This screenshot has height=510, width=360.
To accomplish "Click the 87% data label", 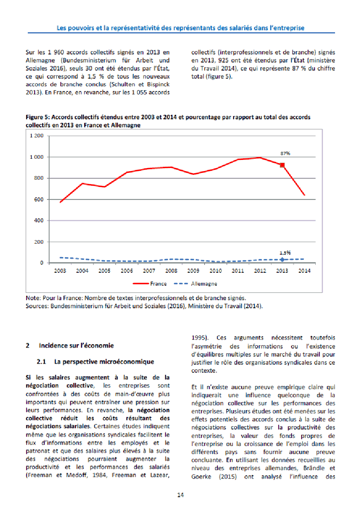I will pyautogui.click(x=285, y=153).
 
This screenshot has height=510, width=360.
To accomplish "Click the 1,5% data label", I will pyautogui.click(x=285, y=253).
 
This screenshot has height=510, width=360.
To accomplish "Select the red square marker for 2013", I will pyautogui.click(x=282, y=165).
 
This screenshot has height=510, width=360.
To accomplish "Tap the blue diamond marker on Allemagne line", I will pyautogui.click(x=282, y=259).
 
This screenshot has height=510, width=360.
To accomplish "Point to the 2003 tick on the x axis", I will pyautogui.click(x=60, y=271).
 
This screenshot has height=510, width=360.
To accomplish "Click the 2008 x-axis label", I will pyautogui.click(x=172, y=271).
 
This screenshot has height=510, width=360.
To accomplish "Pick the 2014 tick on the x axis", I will pyautogui.click(x=304, y=271).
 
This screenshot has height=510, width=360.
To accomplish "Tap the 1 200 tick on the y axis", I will pyautogui.click(x=37, y=136).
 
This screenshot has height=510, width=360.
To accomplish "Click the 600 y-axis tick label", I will pyautogui.click(x=39, y=199).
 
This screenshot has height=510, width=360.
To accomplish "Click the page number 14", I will pyautogui.click(x=181, y=495).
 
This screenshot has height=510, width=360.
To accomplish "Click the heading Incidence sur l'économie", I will pyautogui.click(x=76, y=346).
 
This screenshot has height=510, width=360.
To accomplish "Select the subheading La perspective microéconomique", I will pyautogui.click(x=104, y=362).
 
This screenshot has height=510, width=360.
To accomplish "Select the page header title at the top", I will pyautogui.click(x=180, y=28).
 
